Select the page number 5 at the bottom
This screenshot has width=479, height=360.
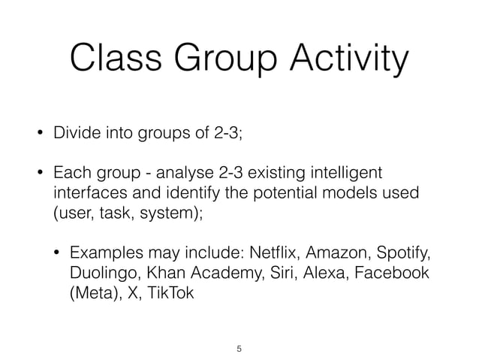(239, 349)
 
